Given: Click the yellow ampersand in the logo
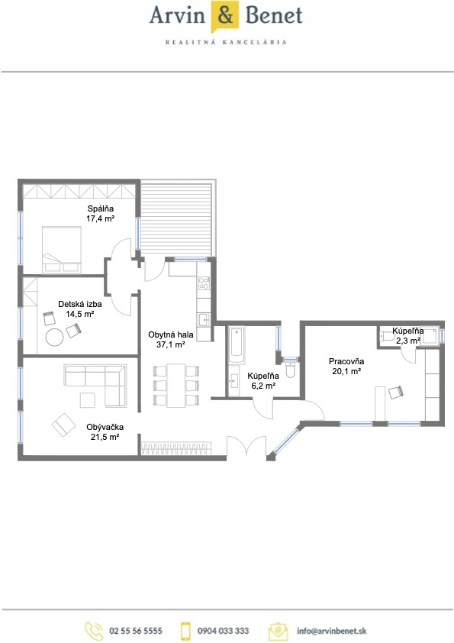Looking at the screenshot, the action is [225, 15].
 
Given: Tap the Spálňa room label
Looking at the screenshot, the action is [101, 208].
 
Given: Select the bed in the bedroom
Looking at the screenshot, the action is [62, 249].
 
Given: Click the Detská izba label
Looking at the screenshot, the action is [80, 304].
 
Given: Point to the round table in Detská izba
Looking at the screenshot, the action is [54, 338].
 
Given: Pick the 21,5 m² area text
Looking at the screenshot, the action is [105, 437].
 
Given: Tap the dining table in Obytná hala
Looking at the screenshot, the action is [176, 385].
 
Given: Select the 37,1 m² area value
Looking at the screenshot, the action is [170, 344].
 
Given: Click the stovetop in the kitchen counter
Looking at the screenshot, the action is [204, 283].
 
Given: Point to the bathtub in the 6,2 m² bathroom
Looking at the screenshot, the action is [237, 345].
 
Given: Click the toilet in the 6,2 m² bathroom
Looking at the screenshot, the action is [290, 370].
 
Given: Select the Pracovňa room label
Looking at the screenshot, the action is [346, 361].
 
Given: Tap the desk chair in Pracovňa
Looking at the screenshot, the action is [396, 392].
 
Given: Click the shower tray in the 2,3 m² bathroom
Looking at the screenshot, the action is [430, 336].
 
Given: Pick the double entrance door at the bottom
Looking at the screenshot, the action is [246, 446].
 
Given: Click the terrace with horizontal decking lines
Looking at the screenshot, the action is [176, 218].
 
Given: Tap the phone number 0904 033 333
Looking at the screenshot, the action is [223, 631].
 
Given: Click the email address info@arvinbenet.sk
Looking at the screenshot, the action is [331, 631].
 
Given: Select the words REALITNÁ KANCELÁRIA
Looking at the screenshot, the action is [226, 42].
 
